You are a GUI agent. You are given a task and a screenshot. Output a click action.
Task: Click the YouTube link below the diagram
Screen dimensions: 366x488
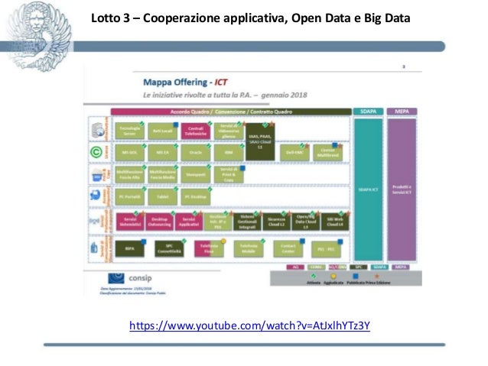pyautogui.click(x=249, y=326)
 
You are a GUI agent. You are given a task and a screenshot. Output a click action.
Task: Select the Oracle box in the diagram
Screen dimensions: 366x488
pyautogui.click(x=195, y=153)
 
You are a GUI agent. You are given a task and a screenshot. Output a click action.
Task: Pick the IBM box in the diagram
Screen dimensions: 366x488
pyautogui.click(x=228, y=153)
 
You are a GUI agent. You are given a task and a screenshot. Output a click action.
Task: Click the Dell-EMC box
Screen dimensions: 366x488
pyautogui.click(x=294, y=153)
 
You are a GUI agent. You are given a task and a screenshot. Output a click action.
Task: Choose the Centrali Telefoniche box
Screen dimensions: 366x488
pyautogui.click(x=195, y=131)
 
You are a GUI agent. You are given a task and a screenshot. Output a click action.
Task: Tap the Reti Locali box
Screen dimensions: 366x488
pyautogui.click(x=161, y=131)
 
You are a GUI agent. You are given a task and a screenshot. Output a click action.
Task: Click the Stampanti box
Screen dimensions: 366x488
pyautogui.click(x=195, y=174)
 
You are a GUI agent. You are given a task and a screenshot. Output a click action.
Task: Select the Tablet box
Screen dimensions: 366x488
pyautogui.click(x=161, y=196)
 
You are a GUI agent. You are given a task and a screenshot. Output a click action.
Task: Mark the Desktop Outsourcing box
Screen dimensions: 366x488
pyautogui.click(x=161, y=222)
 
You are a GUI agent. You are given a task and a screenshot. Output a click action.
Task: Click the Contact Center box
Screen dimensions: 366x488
pyautogui.click(x=288, y=249)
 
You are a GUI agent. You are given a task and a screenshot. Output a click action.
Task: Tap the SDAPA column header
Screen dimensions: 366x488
pyautogui.click(x=366, y=112)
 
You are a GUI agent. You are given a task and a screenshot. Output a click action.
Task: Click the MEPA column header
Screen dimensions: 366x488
pyautogui.click(x=402, y=112)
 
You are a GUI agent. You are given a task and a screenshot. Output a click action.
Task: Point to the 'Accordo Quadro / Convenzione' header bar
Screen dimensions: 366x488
pyautogui.click(x=229, y=112)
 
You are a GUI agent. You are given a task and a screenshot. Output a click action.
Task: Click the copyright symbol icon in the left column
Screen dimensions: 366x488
pyautogui.click(x=97, y=152)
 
